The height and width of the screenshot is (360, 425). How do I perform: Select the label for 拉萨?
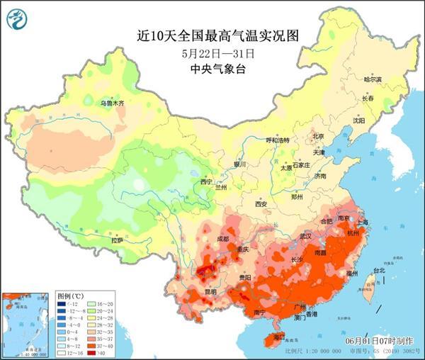(116, 241)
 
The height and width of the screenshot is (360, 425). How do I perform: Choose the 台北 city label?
(380, 270)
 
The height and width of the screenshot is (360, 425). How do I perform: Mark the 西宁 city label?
(206, 182)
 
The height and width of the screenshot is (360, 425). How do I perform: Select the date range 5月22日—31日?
(212, 52)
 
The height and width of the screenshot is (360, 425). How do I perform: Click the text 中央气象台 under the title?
(212, 69)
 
